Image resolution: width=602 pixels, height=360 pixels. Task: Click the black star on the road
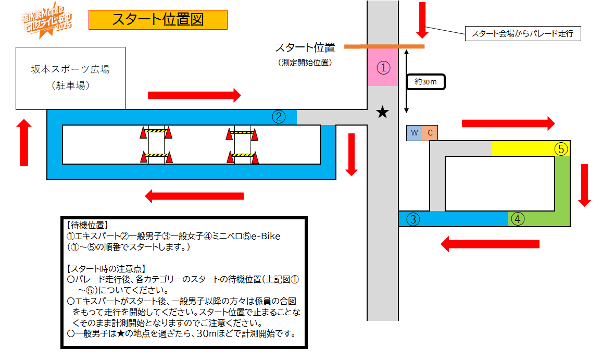(x=383, y=111)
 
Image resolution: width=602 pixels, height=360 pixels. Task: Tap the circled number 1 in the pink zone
(x=383, y=68)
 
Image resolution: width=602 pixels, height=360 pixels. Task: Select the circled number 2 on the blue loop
(x=279, y=117)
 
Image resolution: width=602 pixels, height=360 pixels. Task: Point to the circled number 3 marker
(x=413, y=219)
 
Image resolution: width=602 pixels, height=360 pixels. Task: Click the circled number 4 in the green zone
(x=517, y=219)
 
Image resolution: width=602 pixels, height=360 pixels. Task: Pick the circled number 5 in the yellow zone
(x=560, y=149)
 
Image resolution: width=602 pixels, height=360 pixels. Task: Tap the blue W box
(x=415, y=133)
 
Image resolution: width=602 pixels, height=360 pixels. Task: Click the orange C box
(x=430, y=133)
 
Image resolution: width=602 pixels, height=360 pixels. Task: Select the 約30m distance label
(x=427, y=82)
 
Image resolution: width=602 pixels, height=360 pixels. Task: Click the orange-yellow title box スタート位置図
(x=158, y=20)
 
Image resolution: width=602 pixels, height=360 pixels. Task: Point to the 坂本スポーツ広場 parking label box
(x=71, y=78)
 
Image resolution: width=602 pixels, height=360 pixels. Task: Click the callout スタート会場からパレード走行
(x=522, y=34)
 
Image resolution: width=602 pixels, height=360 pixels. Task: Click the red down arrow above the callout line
(x=422, y=19)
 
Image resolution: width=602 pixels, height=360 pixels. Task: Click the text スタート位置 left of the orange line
(x=305, y=47)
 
